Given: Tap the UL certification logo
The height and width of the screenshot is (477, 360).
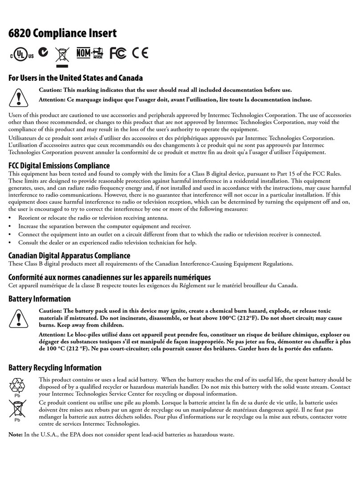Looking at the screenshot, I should click(x=21, y=54).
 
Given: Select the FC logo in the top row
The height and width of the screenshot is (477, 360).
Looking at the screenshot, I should click(x=118, y=53).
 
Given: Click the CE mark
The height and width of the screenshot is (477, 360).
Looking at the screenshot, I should click(x=140, y=53).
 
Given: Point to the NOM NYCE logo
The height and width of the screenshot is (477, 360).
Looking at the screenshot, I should click(x=90, y=53).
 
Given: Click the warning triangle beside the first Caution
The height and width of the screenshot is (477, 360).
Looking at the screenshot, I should click(x=19, y=95).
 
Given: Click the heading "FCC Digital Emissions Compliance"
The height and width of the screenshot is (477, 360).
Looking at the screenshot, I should click(x=59, y=165).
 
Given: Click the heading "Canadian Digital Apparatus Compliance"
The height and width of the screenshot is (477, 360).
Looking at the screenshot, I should click(x=70, y=255).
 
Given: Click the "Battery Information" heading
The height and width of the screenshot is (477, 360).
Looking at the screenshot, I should click(x=40, y=299).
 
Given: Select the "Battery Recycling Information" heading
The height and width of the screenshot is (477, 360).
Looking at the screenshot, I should click(x=55, y=368).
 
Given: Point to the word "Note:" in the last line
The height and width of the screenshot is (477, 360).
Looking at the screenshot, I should click(x=16, y=435).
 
